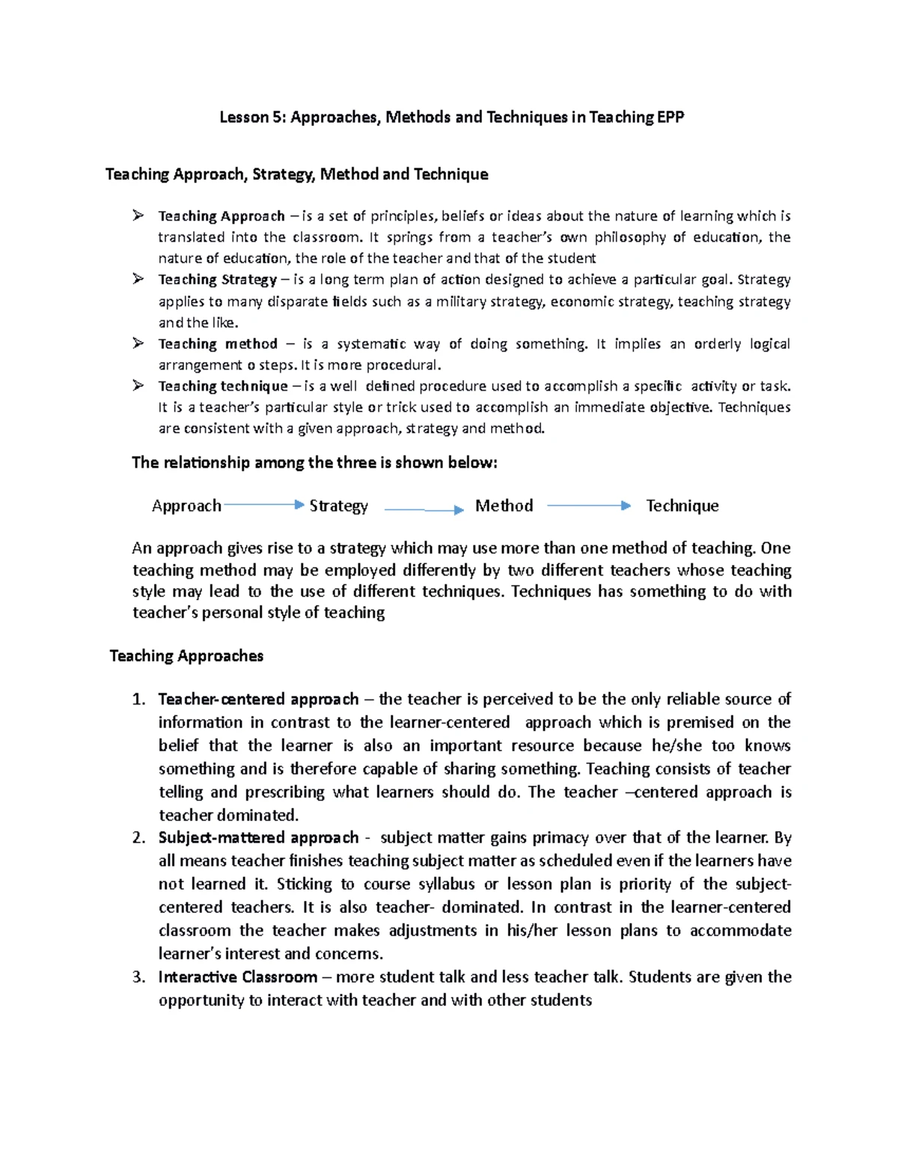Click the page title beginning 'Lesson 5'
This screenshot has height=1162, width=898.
451,117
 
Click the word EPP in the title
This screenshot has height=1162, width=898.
670,117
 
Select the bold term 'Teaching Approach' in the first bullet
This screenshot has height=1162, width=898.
221,216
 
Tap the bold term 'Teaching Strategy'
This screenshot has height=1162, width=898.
217,280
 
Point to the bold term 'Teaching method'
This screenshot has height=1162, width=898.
217,344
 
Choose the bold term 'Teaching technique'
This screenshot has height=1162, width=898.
222,386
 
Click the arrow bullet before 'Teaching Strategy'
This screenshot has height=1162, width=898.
138,279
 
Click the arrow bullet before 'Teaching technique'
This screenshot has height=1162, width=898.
138,385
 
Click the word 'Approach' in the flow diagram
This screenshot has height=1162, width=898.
186,506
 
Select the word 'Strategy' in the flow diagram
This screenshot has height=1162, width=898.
338,506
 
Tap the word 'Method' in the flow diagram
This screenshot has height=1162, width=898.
504,506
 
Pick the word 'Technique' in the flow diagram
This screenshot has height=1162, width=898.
682,506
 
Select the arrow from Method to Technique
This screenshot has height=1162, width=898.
588,506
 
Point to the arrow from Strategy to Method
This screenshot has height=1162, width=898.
424,510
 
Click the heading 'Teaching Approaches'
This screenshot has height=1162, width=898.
186,656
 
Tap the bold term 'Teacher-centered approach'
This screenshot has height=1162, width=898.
258,700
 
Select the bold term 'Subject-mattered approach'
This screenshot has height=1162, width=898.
258,838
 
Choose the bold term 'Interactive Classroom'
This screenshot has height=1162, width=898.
237,977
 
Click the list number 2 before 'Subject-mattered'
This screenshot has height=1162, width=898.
138,838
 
